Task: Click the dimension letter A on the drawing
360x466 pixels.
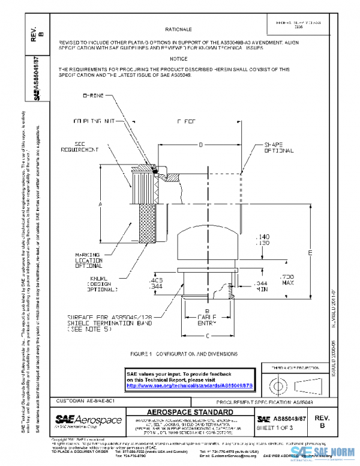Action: tap(100, 204)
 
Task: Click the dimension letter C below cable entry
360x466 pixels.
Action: tap(208, 334)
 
